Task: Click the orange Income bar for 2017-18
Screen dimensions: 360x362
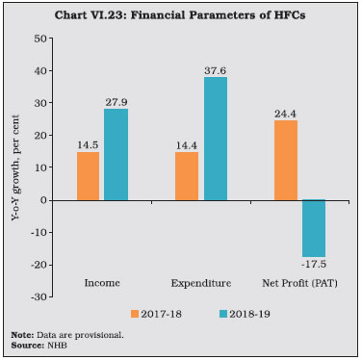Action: click(88, 175)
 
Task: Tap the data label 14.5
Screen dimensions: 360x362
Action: click(88, 143)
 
